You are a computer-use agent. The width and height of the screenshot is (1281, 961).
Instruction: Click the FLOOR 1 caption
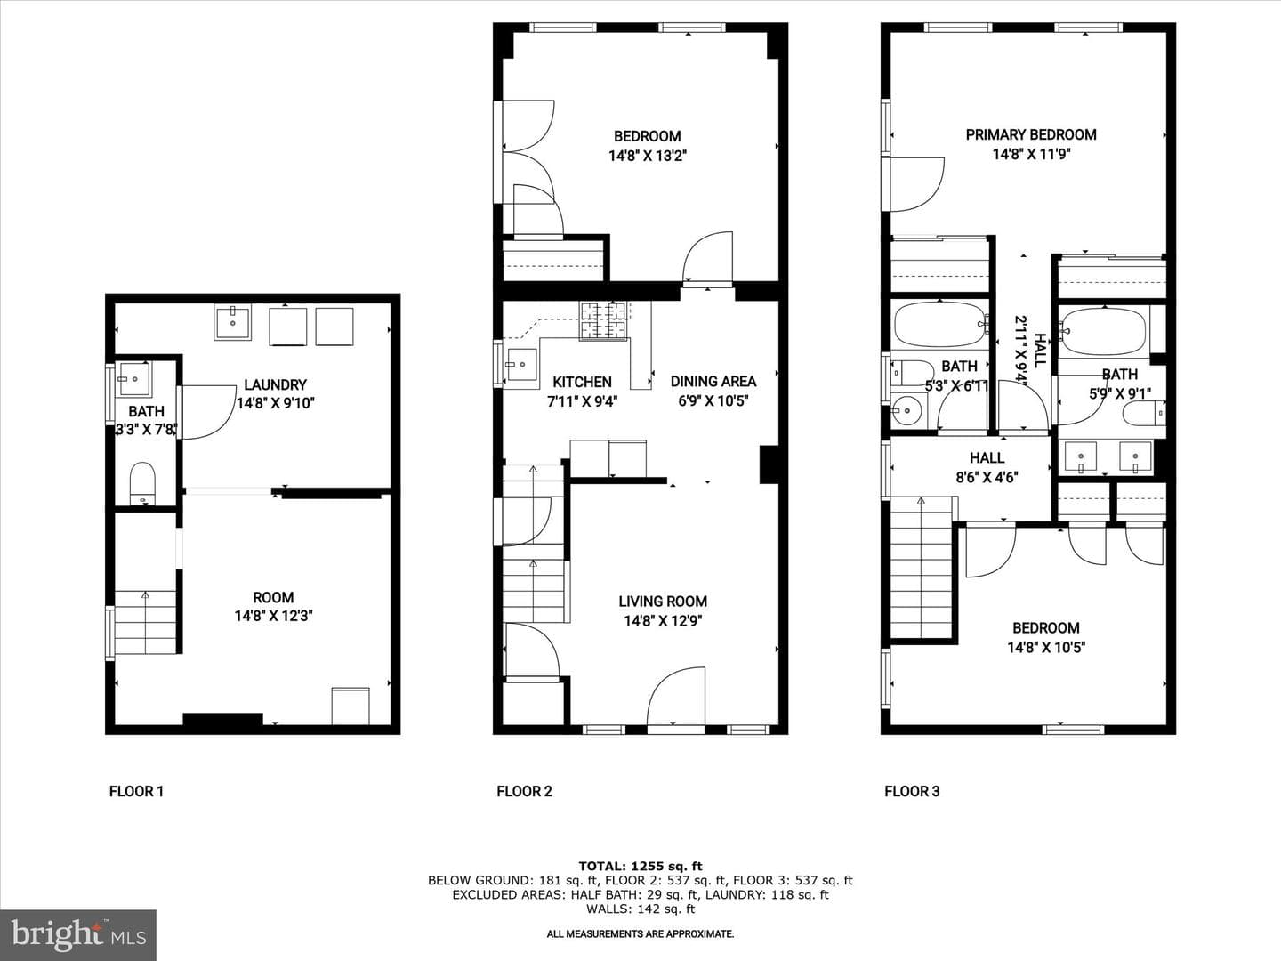click(136, 792)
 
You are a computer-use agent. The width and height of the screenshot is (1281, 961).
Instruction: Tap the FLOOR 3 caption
click(912, 792)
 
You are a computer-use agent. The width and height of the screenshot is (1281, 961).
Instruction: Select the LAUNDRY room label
click(275, 385)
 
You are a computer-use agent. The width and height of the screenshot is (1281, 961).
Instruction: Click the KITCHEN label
click(582, 383)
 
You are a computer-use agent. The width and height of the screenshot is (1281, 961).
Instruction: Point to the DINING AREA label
click(713, 382)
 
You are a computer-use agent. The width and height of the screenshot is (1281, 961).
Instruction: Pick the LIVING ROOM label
click(663, 602)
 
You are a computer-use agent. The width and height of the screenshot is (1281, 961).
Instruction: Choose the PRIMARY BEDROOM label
click(1031, 134)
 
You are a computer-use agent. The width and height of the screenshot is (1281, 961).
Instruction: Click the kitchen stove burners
click(603, 320)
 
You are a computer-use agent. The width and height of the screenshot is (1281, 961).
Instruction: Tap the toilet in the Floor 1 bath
click(142, 483)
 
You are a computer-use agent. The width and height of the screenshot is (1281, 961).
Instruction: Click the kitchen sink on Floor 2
click(521, 365)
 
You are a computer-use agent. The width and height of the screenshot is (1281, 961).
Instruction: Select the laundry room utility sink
click(232, 322)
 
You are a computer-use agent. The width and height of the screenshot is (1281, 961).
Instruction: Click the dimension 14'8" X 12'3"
click(274, 616)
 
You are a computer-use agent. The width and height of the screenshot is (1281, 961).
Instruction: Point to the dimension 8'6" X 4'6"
click(987, 477)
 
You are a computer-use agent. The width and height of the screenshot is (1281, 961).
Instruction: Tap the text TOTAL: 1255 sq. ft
click(640, 867)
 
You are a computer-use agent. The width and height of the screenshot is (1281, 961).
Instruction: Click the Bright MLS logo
click(78, 935)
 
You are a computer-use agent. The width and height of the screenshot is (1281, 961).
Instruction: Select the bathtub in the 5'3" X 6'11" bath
click(939, 325)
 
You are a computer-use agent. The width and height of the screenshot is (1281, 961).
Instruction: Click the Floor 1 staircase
click(145, 622)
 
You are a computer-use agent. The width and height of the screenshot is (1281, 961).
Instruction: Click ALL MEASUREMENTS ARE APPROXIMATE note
click(640, 934)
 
